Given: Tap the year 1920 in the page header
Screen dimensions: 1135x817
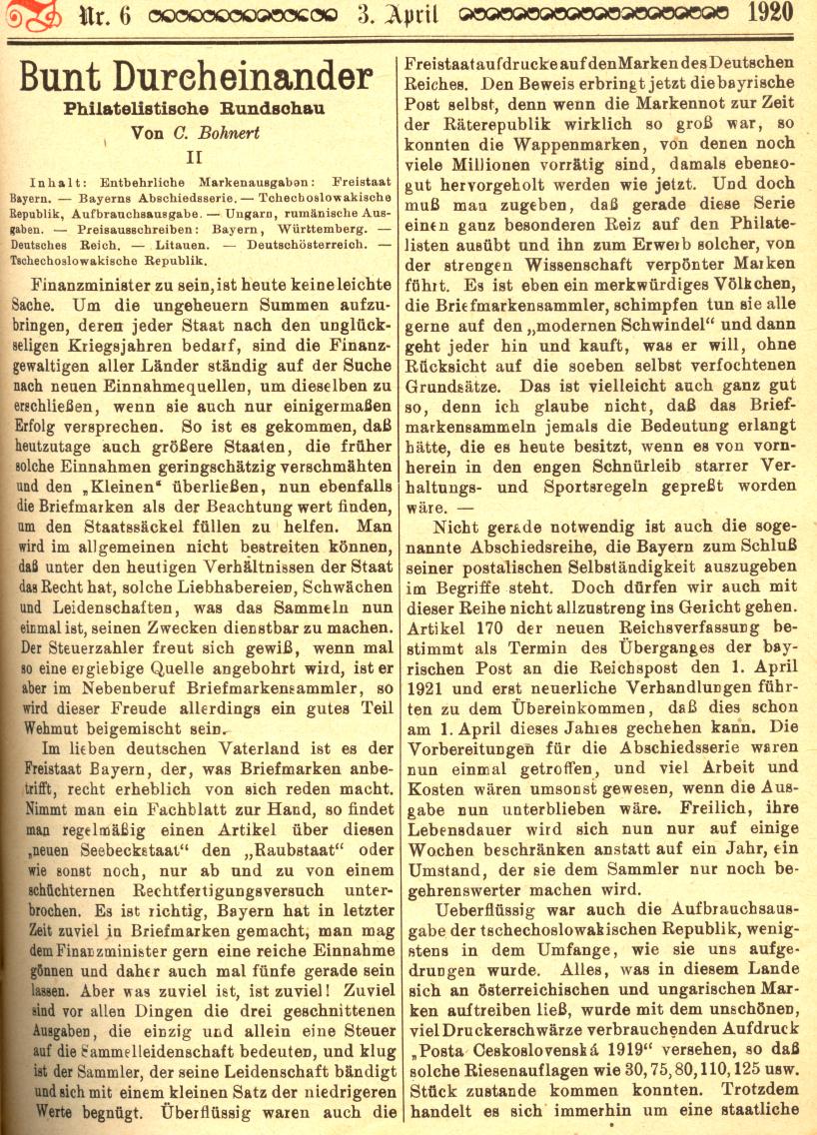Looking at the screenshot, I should tap(769, 13).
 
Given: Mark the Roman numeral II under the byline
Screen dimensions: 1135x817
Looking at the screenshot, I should tap(199, 156).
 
